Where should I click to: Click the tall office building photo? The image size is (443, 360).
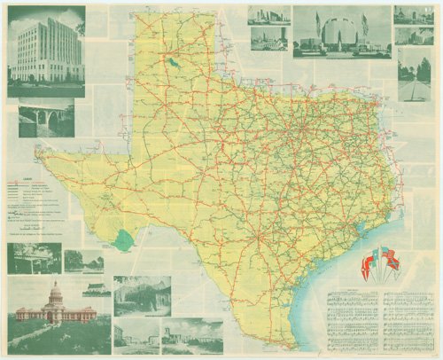pyautogui.click(x=46, y=51)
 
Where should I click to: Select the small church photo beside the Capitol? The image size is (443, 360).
pyautogui.click(x=97, y=290)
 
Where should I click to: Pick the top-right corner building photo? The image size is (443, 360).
pyautogui.click(x=414, y=15)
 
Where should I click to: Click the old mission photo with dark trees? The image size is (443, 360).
pyautogui.click(x=142, y=295)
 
